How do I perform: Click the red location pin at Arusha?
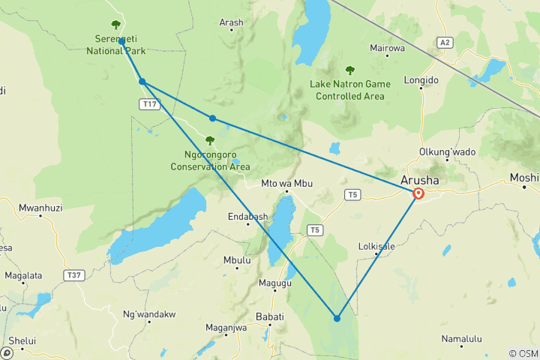418,193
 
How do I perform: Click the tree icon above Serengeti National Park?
115,25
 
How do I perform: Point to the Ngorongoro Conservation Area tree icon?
210,140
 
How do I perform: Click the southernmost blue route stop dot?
337,319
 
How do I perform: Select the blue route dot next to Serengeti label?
121,42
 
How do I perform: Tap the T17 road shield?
149,105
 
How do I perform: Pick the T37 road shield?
73,275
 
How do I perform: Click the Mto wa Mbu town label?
285,184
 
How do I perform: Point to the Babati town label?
270,316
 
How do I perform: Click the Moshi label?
523,178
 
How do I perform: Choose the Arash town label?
231,22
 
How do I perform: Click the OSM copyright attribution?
523,353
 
